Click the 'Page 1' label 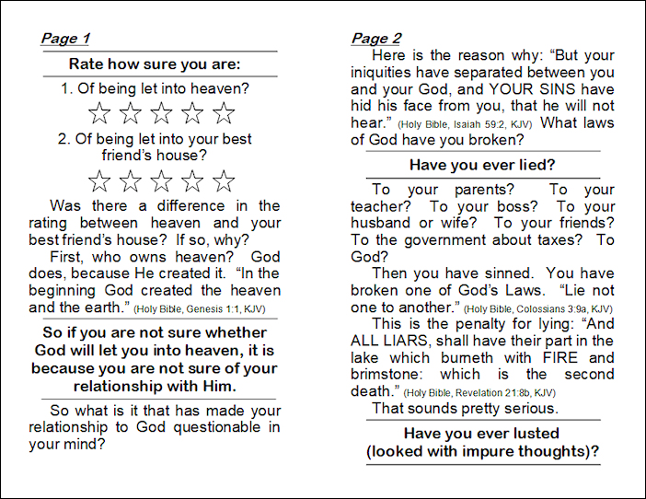pos(65,39)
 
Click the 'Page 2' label pos(376,39)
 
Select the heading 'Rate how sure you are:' pos(155,64)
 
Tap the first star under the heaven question pos(99,114)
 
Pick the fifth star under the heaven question pos(224,114)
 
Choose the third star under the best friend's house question pos(162,180)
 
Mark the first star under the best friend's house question pos(99,180)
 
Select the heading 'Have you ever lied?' pos(475,165)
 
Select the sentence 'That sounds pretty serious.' pos(466,408)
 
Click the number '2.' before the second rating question pos(63,140)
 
